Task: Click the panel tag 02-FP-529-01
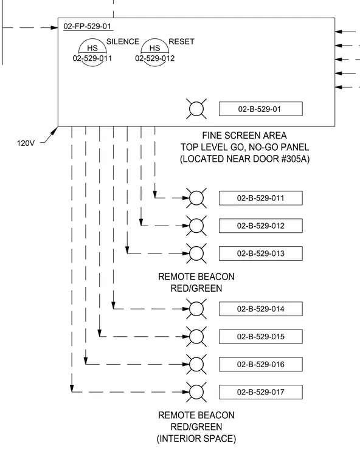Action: click(88, 26)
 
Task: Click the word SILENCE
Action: click(123, 41)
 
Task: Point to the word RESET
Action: click(181, 41)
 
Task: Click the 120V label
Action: click(26, 143)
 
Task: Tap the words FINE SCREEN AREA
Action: click(244, 136)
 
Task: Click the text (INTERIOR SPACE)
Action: click(196, 439)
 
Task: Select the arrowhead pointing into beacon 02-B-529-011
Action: click(185, 198)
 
